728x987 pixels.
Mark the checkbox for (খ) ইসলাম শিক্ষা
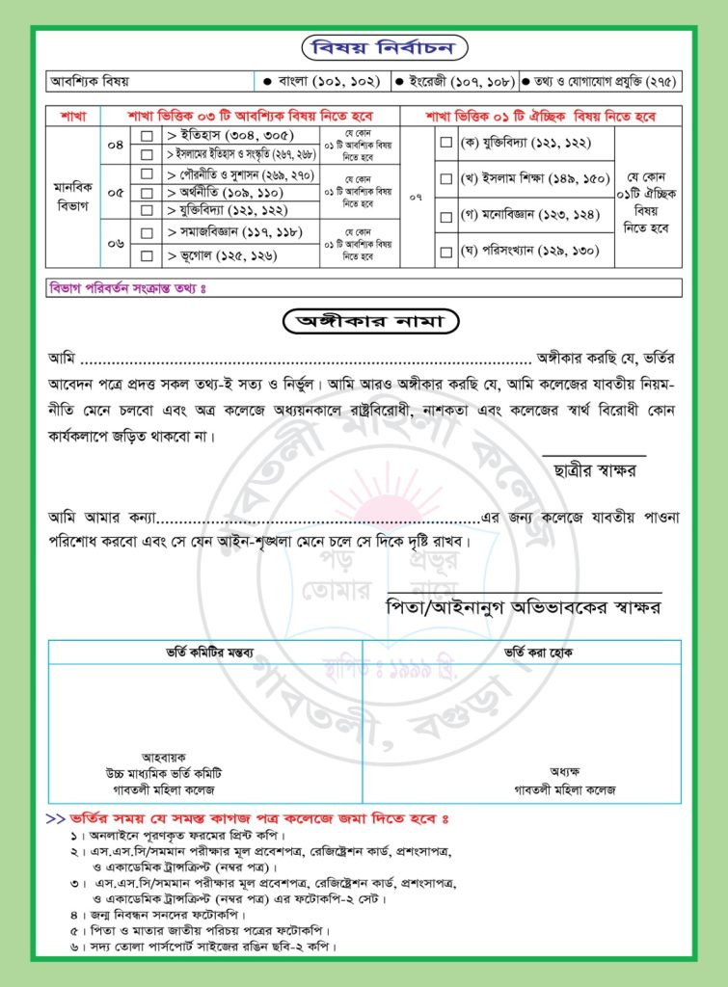click(x=445, y=178)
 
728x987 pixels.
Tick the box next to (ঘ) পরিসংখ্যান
click(x=445, y=252)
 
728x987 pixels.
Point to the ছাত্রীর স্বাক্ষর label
click(x=595, y=469)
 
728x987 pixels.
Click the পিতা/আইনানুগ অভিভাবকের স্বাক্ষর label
click(x=522, y=608)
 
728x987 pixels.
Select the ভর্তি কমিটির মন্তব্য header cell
click(x=205, y=652)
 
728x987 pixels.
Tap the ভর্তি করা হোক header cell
click(x=521, y=652)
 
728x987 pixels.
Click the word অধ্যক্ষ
click(x=564, y=772)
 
